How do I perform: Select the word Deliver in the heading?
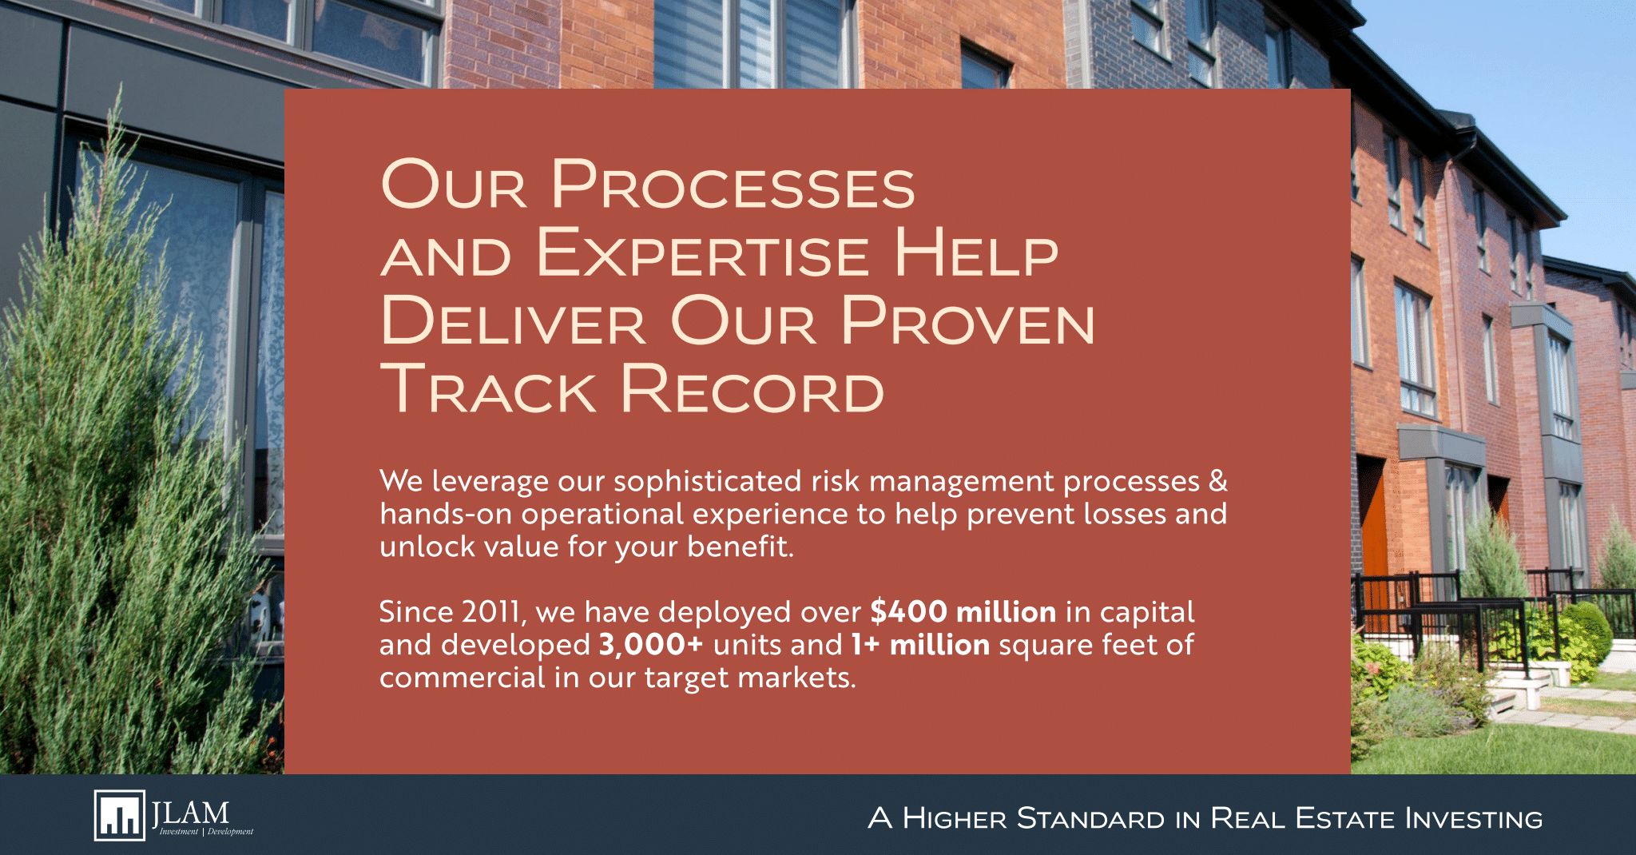(512, 321)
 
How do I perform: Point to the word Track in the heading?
(488, 389)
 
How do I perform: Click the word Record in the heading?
(752, 389)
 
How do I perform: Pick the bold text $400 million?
(963, 612)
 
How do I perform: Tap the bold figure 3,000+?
(651, 645)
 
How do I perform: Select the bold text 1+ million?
(920, 644)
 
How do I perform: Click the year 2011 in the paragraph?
(493, 613)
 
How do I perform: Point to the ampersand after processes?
(1217, 481)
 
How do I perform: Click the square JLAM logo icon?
(120, 815)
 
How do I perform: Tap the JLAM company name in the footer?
(190, 813)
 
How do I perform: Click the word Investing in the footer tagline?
(1473, 818)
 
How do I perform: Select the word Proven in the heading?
(967, 321)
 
